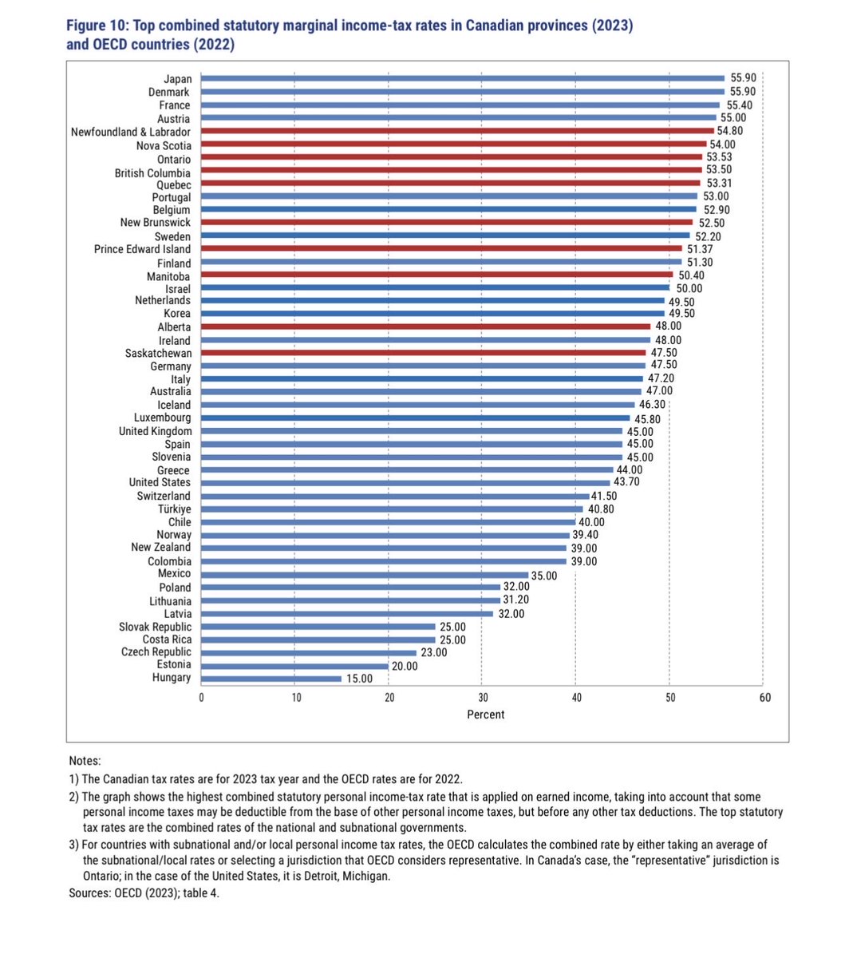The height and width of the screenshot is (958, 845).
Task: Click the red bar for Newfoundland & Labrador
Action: (457, 131)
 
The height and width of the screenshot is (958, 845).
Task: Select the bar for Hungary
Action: (271, 678)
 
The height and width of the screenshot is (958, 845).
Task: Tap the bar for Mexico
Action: (365, 574)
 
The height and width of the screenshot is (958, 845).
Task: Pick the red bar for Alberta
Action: (425, 327)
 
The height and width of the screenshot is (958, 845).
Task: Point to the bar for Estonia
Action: (294, 665)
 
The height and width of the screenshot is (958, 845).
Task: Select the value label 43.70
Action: (625, 482)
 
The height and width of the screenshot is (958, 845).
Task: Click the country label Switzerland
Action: (164, 496)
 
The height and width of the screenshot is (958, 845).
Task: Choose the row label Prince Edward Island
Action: (142, 249)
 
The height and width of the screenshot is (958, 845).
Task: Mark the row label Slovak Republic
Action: (155, 627)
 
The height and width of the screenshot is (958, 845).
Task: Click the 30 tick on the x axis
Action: (482, 698)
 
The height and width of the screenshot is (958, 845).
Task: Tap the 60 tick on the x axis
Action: (764, 698)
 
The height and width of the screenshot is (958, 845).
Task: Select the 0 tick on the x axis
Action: (202, 698)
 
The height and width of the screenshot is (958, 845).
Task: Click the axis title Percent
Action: (485, 715)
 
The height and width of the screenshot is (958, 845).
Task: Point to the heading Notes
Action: (85, 762)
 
